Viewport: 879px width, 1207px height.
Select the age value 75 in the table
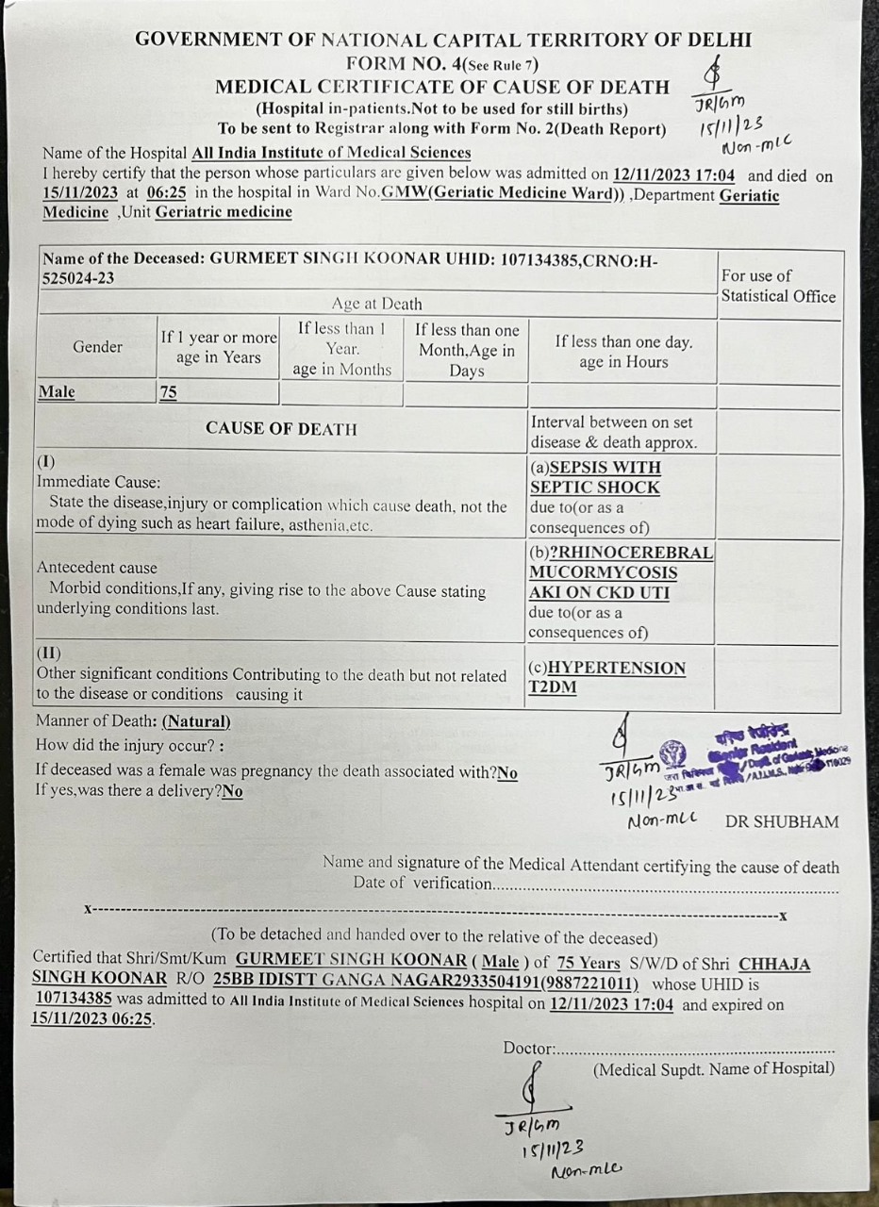pos(168,392)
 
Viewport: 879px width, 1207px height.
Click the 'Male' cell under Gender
pos(57,392)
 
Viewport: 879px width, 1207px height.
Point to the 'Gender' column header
pos(97,347)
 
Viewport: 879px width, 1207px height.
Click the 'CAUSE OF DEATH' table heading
pos(281,429)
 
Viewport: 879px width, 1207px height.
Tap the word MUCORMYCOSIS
pos(603,572)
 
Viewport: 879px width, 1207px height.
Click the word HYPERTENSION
pos(617,668)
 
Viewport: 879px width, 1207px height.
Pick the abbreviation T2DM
pos(552,687)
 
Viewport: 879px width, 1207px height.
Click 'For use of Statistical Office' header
pos(778,286)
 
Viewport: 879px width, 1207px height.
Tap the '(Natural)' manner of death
pos(196,722)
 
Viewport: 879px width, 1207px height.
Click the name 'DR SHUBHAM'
pos(782,821)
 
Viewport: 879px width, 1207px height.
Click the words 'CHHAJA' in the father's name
pos(773,964)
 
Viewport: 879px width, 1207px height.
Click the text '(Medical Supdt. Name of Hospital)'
pos(713,1068)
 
